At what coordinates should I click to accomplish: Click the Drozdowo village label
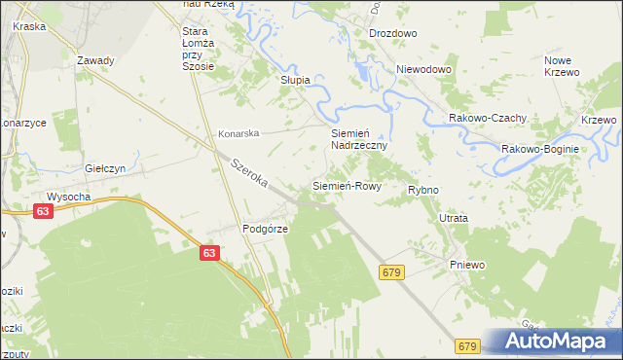(392, 33)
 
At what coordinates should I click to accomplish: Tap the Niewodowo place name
(425, 70)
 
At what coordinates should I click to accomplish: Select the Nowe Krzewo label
(562, 67)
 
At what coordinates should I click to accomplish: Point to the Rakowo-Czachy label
(488, 118)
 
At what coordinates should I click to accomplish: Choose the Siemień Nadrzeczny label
(359, 138)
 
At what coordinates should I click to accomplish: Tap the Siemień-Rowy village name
(346, 185)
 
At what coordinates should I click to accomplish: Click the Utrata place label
(453, 219)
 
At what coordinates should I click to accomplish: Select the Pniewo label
(466, 265)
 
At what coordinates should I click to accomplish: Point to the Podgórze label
(261, 230)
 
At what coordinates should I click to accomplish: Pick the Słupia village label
(295, 80)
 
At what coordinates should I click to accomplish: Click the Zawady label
(95, 60)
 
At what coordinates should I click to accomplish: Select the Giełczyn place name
(106, 168)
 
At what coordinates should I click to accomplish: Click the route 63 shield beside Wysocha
(42, 210)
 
